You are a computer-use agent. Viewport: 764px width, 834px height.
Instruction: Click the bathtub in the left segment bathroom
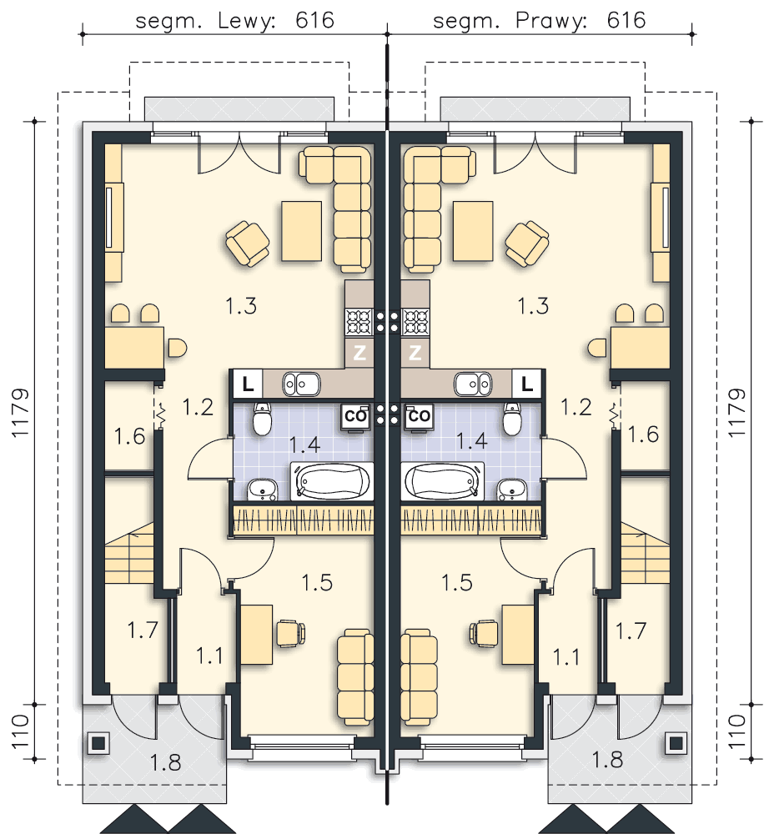tap(332, 481)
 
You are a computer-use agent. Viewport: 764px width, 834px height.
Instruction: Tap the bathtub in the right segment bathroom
tap(442, 481)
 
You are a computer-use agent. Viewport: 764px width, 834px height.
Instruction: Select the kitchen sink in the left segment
tap(301, 384)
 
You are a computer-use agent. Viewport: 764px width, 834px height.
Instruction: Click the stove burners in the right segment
tap(416, 321)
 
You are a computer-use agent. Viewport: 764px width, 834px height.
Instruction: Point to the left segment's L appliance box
tap(248, 384)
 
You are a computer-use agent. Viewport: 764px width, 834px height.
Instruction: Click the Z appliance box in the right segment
tap(415, 352)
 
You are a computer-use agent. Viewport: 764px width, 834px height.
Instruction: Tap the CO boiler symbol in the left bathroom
tap(355, 417)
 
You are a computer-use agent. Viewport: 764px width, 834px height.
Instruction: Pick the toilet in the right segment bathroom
tap(512, 420)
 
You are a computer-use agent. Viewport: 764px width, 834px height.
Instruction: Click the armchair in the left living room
tap(248, 244)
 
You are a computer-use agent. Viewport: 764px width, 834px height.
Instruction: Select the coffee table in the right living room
tap(472, 231)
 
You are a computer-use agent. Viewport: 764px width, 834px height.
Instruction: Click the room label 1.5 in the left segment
tap(317, 582)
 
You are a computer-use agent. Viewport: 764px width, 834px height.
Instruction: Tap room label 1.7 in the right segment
tap(631, 631)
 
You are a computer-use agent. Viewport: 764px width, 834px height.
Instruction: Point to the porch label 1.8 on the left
tap(165, 763)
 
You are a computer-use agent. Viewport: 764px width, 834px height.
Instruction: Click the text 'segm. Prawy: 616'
tap(540, 21)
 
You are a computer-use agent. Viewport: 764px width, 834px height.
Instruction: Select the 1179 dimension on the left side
tap(21, 414)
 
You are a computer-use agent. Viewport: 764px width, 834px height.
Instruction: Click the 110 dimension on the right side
tap(737, 731)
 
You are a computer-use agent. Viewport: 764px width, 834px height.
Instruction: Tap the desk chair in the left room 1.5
tap(290, 633)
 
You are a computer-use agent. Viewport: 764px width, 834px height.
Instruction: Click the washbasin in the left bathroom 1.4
tap(262, 490)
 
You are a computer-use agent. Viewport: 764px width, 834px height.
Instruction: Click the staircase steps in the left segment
tap(130, 553)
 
